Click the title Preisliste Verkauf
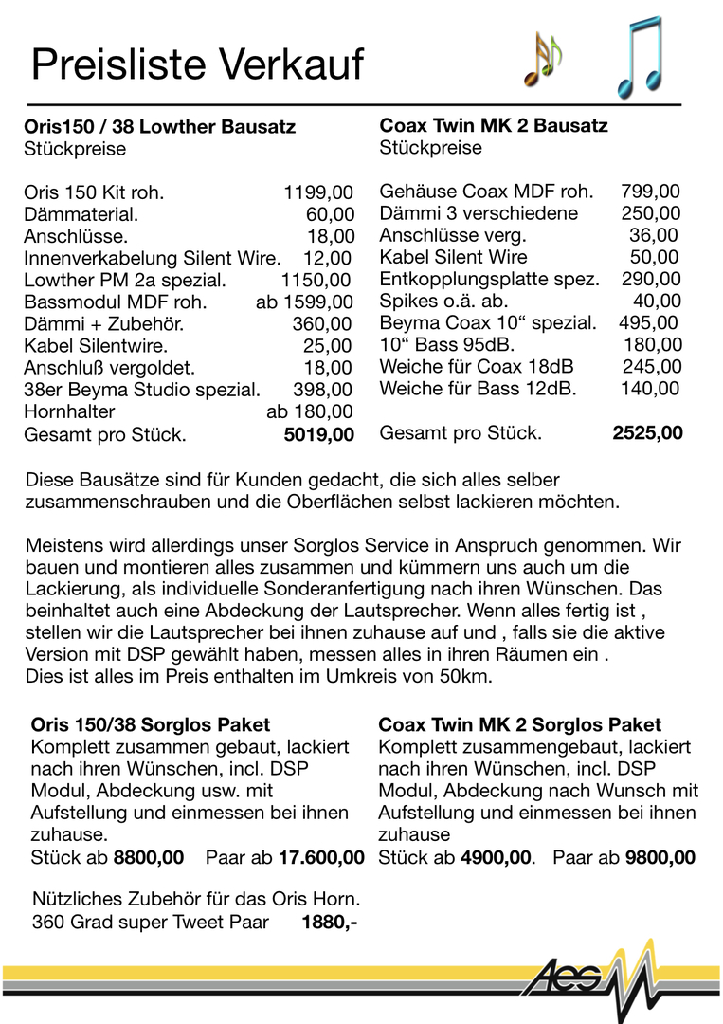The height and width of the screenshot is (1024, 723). (x=197, y=64)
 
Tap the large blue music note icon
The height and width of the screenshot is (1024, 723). (x=639, y=57)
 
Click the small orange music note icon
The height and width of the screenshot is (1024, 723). (x=543, y=59)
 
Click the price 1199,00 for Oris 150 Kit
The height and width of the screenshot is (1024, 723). (x=318, y=192)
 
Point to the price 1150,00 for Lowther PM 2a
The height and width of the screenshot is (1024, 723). (x=316, y=280)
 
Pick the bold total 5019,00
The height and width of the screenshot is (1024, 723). (x=318, y=435)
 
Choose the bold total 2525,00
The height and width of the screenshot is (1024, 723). (x=647, y=433)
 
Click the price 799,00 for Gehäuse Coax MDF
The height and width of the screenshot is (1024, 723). (x=650, y=192)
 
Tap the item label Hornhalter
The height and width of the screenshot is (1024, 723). (x=69, y=411)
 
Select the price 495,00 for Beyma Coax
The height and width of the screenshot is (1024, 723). (x=648, y=322)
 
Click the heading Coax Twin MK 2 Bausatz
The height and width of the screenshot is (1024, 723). (x=494, y=125)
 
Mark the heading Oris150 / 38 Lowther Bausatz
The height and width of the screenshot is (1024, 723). (x=159, y=126)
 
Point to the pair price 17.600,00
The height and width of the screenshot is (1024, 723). (x=321, y=857)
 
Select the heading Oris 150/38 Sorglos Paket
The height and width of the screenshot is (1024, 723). (x=151, y=725)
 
